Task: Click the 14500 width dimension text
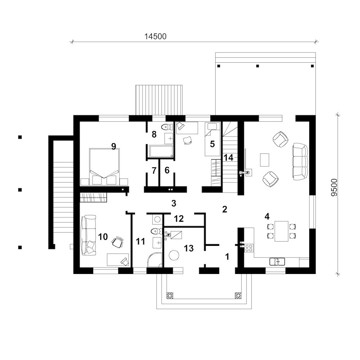155,36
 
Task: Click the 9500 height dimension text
334,188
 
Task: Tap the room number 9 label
114,146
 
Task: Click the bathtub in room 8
161,151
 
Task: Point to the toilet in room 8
167,127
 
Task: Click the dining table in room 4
282,231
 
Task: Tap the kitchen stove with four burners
249,248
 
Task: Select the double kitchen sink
277,261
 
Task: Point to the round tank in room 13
174,255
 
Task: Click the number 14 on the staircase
229,158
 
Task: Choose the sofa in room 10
89,235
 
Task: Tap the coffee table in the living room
265,159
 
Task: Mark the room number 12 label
179,219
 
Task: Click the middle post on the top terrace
258,66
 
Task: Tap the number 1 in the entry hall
227,257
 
